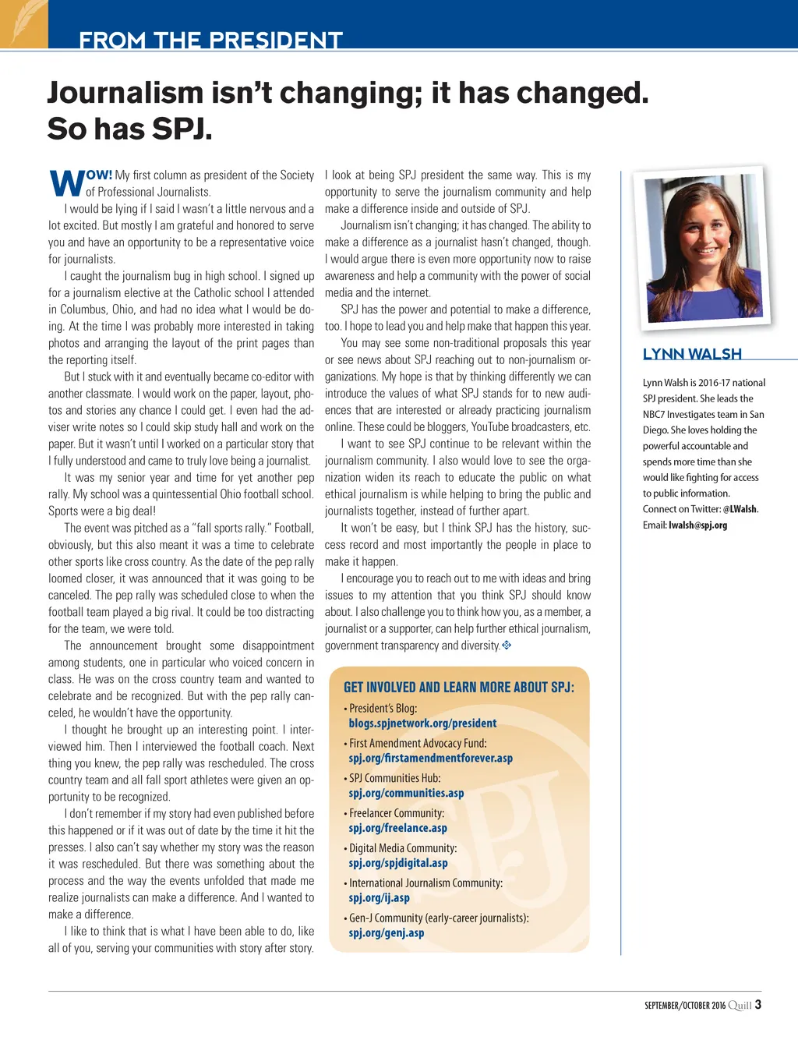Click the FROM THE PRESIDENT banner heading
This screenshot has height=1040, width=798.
pos(210,40)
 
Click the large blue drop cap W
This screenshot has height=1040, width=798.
pos(66,183)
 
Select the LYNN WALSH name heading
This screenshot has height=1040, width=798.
pos(692,354)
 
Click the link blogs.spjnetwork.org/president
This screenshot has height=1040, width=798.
pos(422,723)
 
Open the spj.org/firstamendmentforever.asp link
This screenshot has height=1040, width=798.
pos(430,759)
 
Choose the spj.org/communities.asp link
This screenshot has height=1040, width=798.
pos(406,794)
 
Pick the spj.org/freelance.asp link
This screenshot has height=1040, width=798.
pos(397,829)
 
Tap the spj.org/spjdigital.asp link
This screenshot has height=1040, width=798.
pos(398,864)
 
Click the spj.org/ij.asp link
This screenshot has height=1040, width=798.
pos(379,898)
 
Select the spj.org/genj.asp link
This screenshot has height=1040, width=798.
pos(387,933)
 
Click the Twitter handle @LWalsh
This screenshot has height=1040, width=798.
pos(740,509)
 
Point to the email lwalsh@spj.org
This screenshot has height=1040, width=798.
pos(697,525)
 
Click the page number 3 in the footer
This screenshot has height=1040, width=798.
pos(758,1005)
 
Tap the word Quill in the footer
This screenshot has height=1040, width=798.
pos(740,1006)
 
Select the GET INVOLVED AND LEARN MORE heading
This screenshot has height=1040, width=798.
pos(459,687)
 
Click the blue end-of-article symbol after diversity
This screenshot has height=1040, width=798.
pos(507,646)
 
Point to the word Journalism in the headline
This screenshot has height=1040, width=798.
pos(125,93)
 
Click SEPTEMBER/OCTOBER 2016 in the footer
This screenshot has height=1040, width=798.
pos(684,1006)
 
